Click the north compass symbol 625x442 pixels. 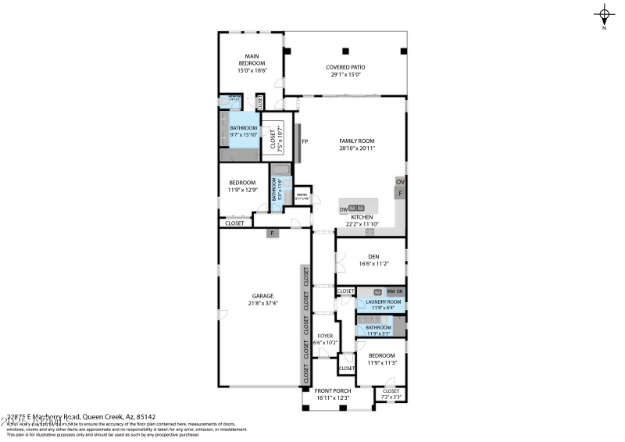point(604,14)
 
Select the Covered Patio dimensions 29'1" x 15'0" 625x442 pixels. point(345,76)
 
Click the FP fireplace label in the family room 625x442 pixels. point(305,141)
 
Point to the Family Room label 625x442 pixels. point(356,140)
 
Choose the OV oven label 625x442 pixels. point(400,182)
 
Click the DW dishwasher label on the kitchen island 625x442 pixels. point(343,209)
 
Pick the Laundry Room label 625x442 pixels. point(383,301)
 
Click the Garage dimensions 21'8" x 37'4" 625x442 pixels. point(262,303)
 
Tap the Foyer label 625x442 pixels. point(324,336)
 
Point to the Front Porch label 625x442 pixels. point(333,390)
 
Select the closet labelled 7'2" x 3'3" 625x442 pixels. point(390,394)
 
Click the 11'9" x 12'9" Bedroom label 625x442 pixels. point(242,186)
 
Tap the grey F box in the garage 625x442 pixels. point(272,233)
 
